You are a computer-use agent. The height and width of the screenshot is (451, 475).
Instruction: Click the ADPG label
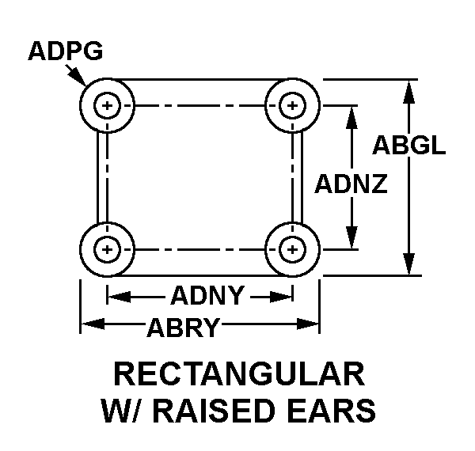pos(65,51)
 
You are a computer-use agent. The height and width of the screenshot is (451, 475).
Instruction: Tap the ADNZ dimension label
pos(351,184)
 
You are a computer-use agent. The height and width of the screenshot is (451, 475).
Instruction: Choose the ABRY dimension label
pos(183,324)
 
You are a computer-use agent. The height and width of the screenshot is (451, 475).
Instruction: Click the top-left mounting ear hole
pos(107,105)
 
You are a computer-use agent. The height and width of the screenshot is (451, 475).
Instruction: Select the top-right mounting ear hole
pos(293,105)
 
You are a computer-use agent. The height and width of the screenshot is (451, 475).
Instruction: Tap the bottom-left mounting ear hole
pos(107,249)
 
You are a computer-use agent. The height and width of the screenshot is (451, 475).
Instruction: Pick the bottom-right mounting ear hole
pos(293,249)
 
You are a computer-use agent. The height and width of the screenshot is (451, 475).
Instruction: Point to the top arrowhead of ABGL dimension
pos(408,89)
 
